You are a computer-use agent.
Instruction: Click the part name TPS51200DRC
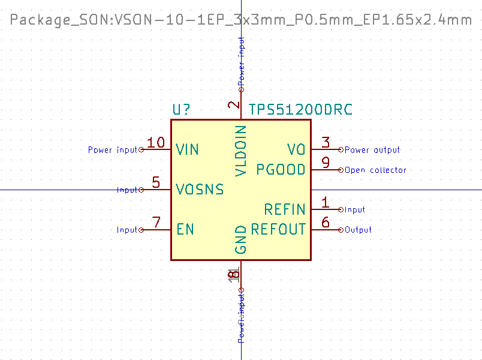(300, 110)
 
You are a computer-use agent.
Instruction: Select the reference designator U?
(182, 110)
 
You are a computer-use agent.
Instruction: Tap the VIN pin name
(188, 149)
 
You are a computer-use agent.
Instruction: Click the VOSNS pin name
(200, 190)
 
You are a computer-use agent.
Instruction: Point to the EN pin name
(185, 229)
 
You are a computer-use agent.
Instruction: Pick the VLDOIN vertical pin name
(241, 151)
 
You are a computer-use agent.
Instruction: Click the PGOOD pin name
(281, 169)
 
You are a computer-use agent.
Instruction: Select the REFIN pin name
(285, 209)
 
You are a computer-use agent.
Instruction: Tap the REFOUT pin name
(278, 229)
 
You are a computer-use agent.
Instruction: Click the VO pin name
(296, 149)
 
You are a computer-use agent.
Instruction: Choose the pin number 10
(156, 143)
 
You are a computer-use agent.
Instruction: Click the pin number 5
(156, 183)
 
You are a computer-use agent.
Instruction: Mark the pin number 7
(156, 223)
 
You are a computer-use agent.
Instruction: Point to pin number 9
(326, 163)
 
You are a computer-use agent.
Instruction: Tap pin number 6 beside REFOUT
(326, 223)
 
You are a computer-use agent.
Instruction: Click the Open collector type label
(375, 170)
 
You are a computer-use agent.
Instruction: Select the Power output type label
(372, 150)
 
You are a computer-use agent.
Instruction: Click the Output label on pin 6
(358, 230)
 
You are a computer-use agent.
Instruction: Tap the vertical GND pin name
(241, 239)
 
